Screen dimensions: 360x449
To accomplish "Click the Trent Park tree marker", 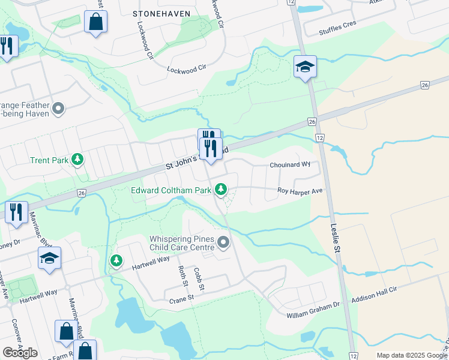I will (x=77, y=160).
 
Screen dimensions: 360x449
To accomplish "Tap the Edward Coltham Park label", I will (x=172, y=190).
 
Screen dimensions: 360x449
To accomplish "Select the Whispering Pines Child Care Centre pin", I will (x=224, y=243).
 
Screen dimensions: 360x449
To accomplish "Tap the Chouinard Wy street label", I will (x=289, y=164).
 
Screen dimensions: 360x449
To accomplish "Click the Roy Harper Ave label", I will (x=300, y=191).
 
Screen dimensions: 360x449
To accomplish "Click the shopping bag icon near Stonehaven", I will (x=95, y=22).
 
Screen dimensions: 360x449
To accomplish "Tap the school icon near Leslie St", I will (x=305, y=67).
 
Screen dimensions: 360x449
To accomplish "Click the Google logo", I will (x=20, y=352).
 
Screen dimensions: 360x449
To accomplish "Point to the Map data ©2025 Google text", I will (x=412, y=355).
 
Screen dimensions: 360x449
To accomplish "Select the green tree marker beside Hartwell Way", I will (x=116, y=261).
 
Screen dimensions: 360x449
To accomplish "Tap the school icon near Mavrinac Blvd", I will (x=49, y=259).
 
